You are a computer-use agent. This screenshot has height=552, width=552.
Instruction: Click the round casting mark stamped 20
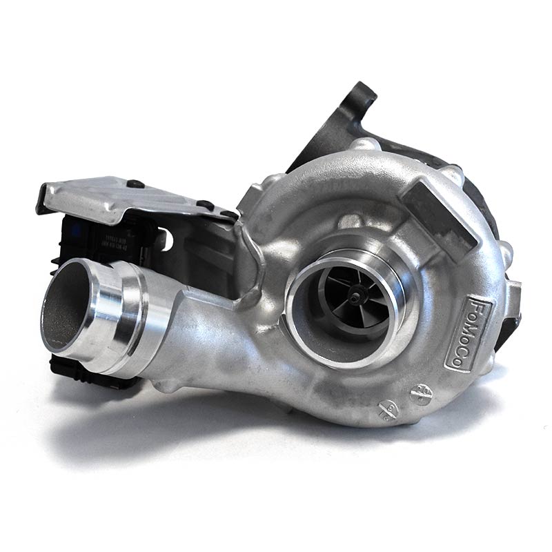tap(417, 394)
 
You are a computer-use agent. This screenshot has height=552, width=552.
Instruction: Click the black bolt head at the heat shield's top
tap(135, 184)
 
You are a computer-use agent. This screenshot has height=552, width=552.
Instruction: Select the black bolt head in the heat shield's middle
tap(205, 204)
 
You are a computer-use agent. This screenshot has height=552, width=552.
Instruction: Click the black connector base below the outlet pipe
tap(90, 373)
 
